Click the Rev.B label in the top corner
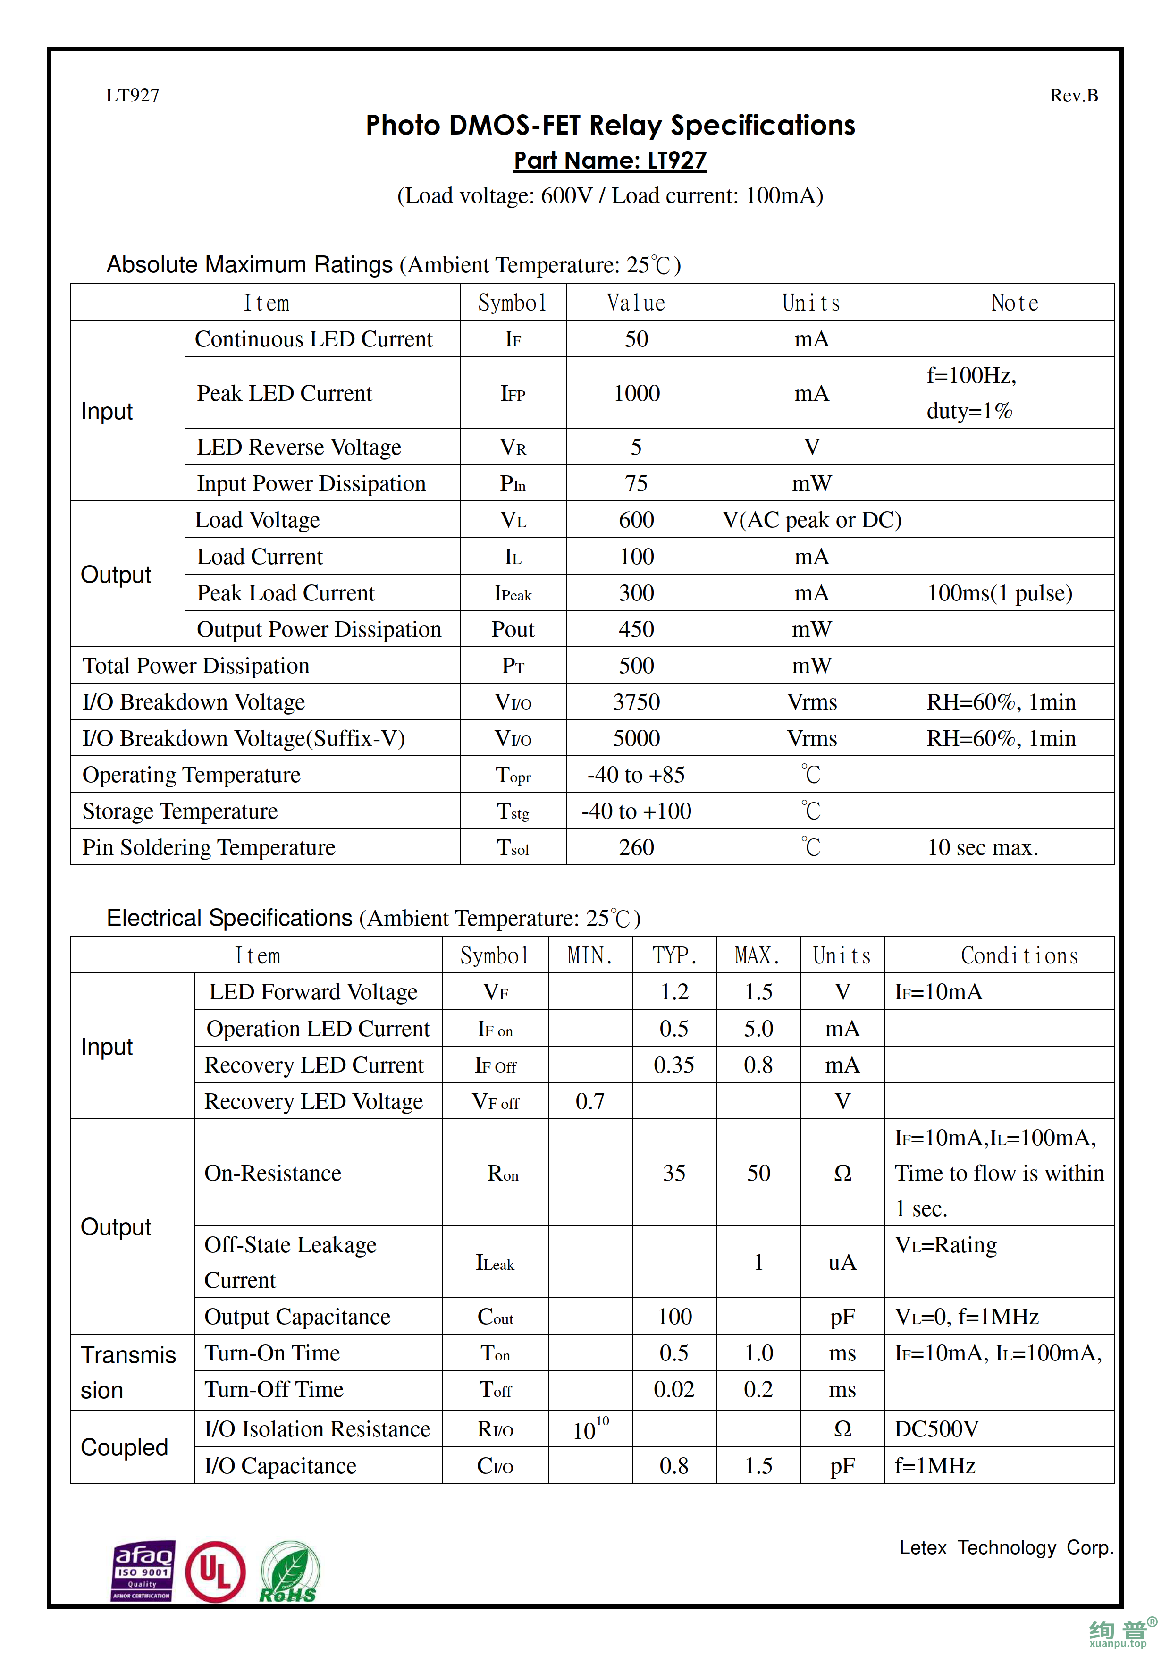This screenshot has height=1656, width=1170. coord(1073,95)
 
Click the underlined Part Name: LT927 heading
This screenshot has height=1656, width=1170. coord(610,160)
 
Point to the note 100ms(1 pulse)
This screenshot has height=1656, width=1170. coord(999,593)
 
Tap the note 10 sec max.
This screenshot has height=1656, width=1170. coord(982,847)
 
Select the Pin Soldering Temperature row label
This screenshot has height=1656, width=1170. coord(209,847)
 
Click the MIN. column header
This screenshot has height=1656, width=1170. coord(589,955)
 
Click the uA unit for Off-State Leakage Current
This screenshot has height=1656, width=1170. coord(842,1262)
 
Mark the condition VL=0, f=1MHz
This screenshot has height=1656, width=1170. coord(966,1317)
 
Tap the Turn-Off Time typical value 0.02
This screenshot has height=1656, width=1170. coord(674,1389)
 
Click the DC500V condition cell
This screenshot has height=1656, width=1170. coord(936,1429)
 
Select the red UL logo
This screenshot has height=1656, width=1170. coord(215,1572)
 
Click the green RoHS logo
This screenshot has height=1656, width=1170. coord(289,1572)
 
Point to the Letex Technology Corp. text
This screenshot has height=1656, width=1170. coord(1006,1548)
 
